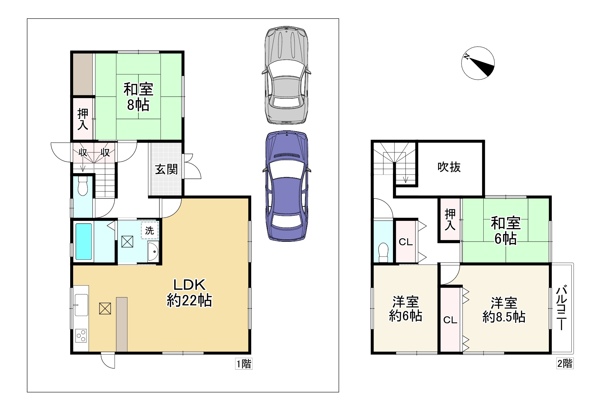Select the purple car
coord(286,186)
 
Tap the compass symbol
coord(478,63)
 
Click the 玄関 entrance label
coord(166,169)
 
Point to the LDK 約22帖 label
coord(189,293)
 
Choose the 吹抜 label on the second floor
coord(449,167)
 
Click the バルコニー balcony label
coord(562,308)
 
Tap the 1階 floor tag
coord(243,364)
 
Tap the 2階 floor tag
coord(565,363)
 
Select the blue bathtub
coord(84,242)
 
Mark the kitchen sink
coord(81,305)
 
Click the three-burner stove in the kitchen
coord(81,335)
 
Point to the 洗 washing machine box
coord(149,230)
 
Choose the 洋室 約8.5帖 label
coord(504,310)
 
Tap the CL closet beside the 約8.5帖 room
coord(450,320)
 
